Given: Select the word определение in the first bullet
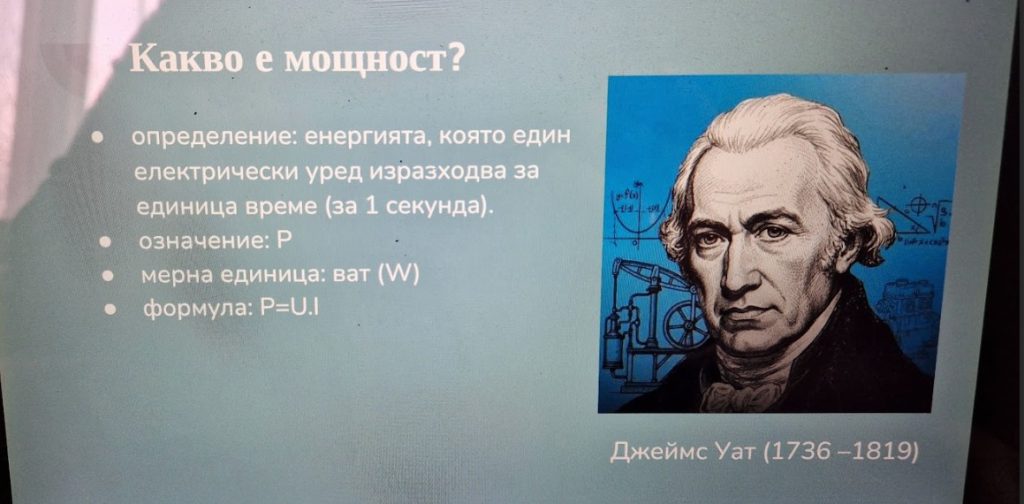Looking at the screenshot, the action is pos(216,138).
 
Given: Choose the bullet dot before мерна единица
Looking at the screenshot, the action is pos(109,277).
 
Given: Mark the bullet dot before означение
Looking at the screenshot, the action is pos(105,242).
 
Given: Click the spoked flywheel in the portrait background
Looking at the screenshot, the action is pos(686,323).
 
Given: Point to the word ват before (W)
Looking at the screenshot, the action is pos(351,275).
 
